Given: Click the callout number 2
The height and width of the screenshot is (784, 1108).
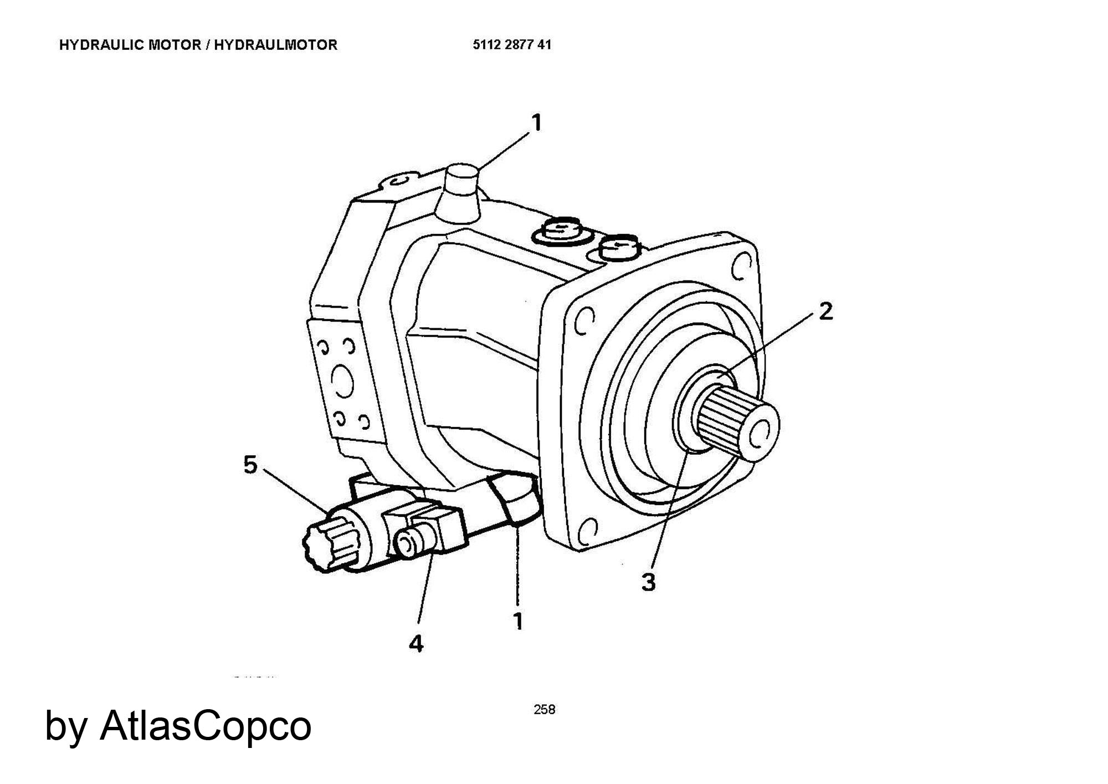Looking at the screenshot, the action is click(x=825, y=312).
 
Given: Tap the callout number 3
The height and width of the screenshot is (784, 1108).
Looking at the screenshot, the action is click(x=649, y=582).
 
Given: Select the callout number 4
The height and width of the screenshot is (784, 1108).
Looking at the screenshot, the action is click(x=416, y=644).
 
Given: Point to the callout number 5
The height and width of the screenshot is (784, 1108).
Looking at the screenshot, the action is click(x=251, y=465).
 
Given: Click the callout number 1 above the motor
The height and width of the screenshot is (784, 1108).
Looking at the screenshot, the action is click(x=536, y=123).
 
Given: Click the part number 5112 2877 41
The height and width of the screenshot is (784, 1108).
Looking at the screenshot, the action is click(x=512, y=45).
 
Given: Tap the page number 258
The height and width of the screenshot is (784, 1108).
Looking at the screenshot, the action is click(x=544, y=709).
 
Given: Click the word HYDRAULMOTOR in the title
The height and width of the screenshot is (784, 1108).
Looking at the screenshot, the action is click(x=276, y=45).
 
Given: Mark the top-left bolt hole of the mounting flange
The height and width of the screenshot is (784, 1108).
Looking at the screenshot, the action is click(x=583, y=321).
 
